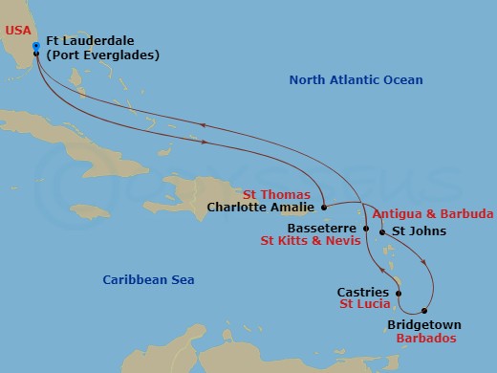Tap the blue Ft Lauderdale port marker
click(35, 46)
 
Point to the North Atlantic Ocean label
click(356, 80)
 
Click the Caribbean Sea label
click(148, 279)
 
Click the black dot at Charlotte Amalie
click(325, 206)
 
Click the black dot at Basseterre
click(364, 230)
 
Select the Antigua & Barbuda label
click(433, 213)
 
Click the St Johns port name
click(414, 230)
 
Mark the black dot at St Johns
click(382, 230)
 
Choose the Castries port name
click(362, 292)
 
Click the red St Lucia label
click(362, 305)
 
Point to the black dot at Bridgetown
click(424, 312)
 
